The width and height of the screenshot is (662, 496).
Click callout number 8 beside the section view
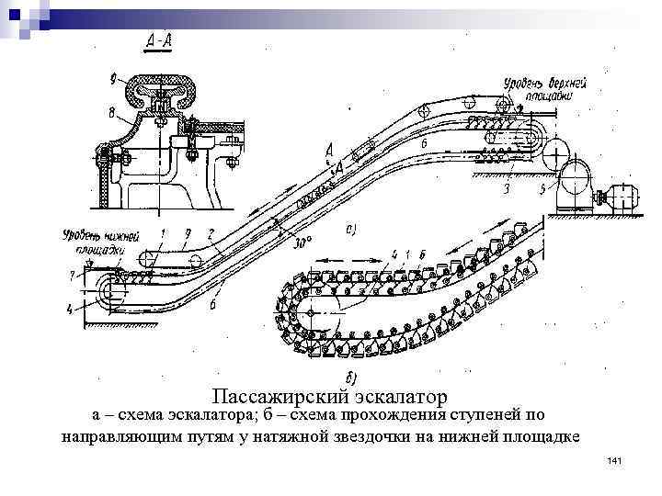[x=112, y=114]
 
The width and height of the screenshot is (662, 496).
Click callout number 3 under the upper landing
[x=507, y=188]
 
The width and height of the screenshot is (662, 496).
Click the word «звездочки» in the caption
[x=371, y=436]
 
